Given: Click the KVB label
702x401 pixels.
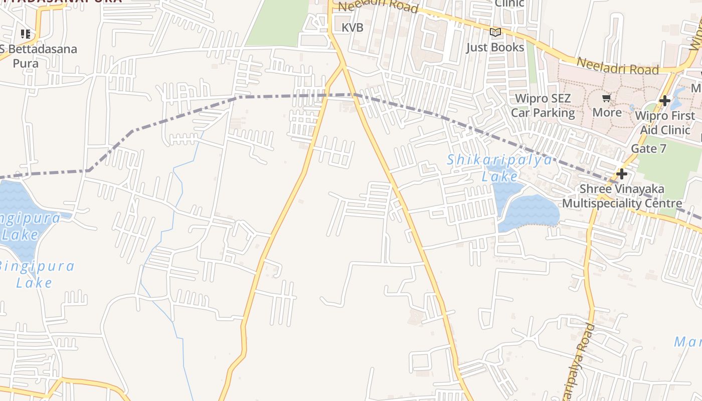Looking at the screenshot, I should pyautogui.click(x=353, y=28).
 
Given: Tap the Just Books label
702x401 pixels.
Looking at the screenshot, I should pyautogui.click(x=495, y=47).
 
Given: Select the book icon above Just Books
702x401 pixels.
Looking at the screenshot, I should pyautogui.click(x=495, y=33).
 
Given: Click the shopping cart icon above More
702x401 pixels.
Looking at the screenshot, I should pyautogui.click(x=607, y=98).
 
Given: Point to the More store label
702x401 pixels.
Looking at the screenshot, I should pyautogui.click(x=607, y=112).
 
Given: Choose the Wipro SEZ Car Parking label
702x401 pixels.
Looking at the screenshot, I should pyautogui.click(x=543, y=105).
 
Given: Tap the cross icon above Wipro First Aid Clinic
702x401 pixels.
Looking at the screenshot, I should pyautogui.click(x=665, y=101).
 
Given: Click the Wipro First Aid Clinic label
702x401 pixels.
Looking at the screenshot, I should pyautogui.click(x=665, y=123).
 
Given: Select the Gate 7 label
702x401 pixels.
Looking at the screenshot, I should pyautogui.click(x=649, y=148).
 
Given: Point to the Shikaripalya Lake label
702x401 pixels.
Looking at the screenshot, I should pyautogui.click(x=499, y=168).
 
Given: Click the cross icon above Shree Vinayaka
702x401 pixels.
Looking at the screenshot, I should pyautogui.click(x=622, y=174).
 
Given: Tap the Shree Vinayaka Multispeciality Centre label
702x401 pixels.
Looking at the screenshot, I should pyautogui.click(x=622, y=196).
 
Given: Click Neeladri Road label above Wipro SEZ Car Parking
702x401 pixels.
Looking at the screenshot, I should pyautogui.click(x=617, y=66).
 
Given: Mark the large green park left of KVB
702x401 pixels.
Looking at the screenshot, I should pyautogui.click(x=278, y=23).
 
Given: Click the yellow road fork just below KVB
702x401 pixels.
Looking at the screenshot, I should pyautogui.click(x=343, y=65).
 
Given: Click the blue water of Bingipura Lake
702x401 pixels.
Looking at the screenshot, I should pyautogui.click(x=20, y=211).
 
